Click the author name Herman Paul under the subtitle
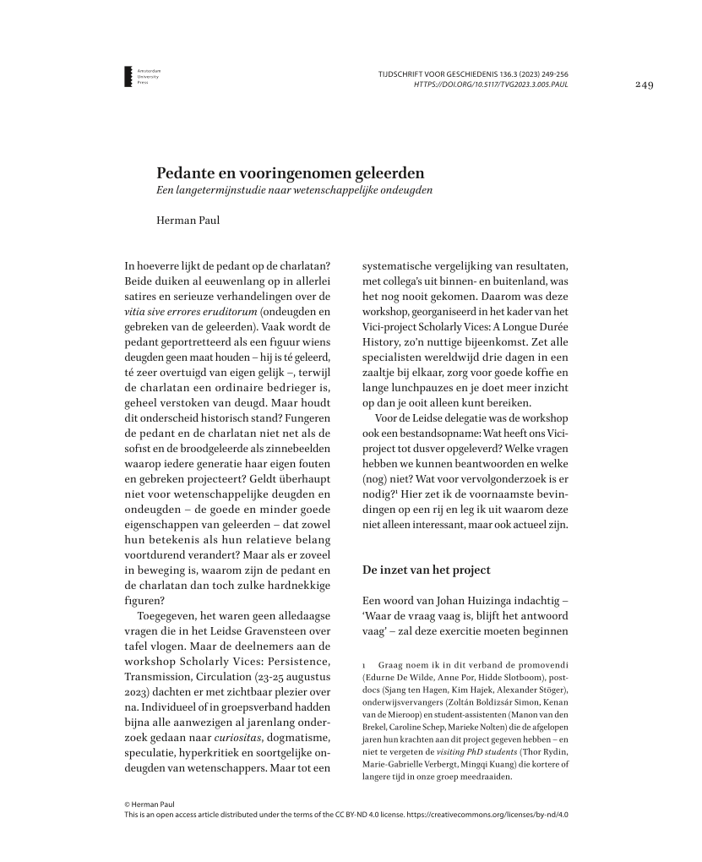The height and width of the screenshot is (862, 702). click(x=188, y=221)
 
